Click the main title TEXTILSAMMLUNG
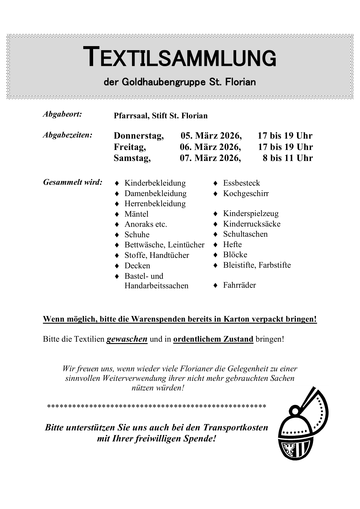coord(180,57)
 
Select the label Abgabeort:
coord(62,114)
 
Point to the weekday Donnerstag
coord(139,136)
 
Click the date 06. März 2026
coord(210,147)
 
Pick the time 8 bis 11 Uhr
coord(288,158)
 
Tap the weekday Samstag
coord(132,158)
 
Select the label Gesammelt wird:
coord(73,182)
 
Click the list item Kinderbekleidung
coord(155,183)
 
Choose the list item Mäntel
coord(136,214)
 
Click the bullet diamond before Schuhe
coord(117,235)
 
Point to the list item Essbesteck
coord(241,183)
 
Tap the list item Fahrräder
coord(239,285)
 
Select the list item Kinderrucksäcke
coord(252,224)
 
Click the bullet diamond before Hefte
coord(215,245)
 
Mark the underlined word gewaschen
coord(127,339)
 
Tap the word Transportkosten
coord(236,428)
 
